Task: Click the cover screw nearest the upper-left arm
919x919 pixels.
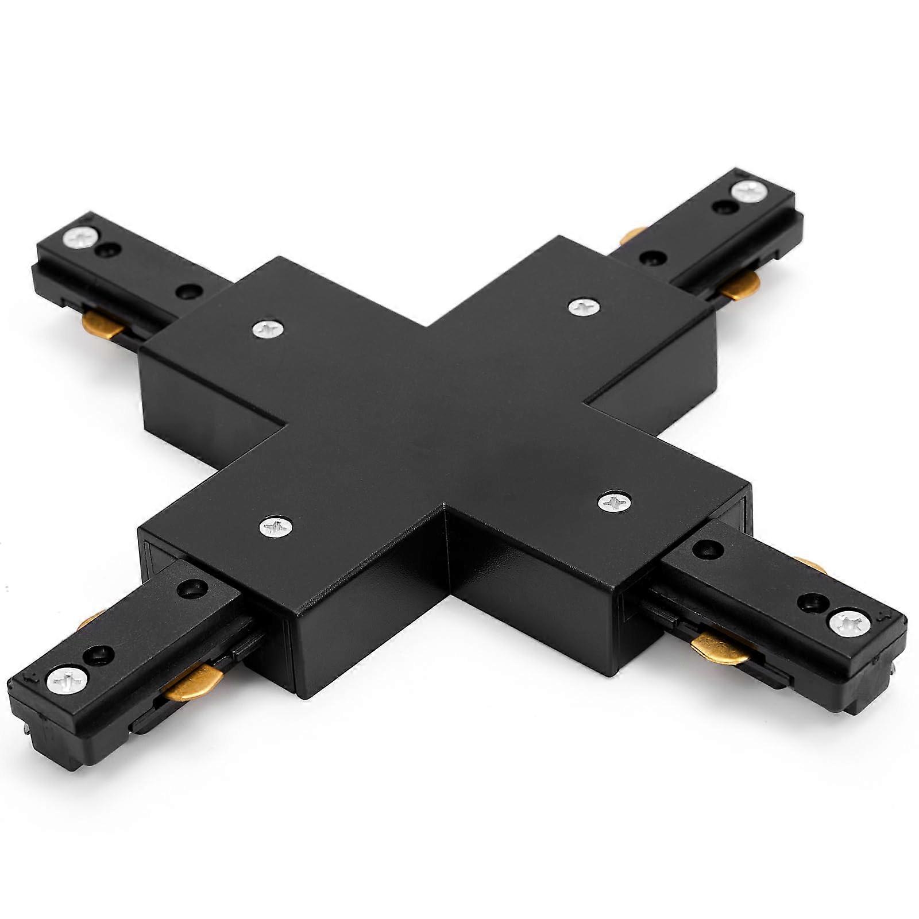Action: pyautogui.click(x=268, y=329)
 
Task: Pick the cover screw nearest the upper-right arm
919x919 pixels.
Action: pyautogui.click(x=585, y=307)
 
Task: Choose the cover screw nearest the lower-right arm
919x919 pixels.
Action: pyautogui.click(x=614, y=503)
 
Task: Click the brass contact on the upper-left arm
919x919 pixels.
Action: pyautogui.click(x=102, y=325)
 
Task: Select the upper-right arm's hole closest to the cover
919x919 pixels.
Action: pyautogui.click(x=650, y=259)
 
